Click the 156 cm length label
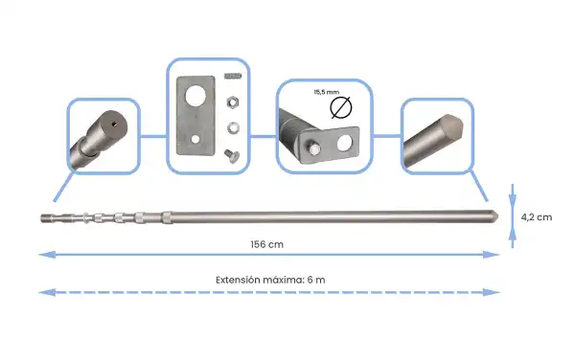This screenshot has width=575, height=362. click(x=267, y=244)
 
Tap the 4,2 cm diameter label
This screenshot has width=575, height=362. click(x=537, y=217)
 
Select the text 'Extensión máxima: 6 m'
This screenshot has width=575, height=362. click(x=270, y=279)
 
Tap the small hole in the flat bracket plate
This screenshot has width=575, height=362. click(x=195, y=140)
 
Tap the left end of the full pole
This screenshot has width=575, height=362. click(x=44, y=218)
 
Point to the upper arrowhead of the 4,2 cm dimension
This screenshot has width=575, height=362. click(x=514, y=190)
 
